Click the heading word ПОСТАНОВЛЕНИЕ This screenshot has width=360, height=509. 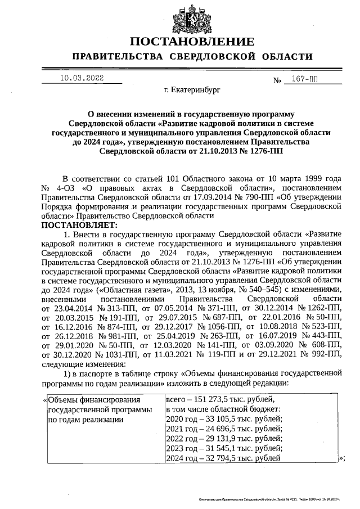tap(192, 42)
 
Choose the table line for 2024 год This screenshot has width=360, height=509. tap(223, 459)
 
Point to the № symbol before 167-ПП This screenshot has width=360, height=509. tap(277, 80)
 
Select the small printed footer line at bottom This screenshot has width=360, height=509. tap(270, 499)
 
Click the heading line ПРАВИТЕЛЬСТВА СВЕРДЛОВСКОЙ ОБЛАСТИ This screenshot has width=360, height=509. tap(192, 57)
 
